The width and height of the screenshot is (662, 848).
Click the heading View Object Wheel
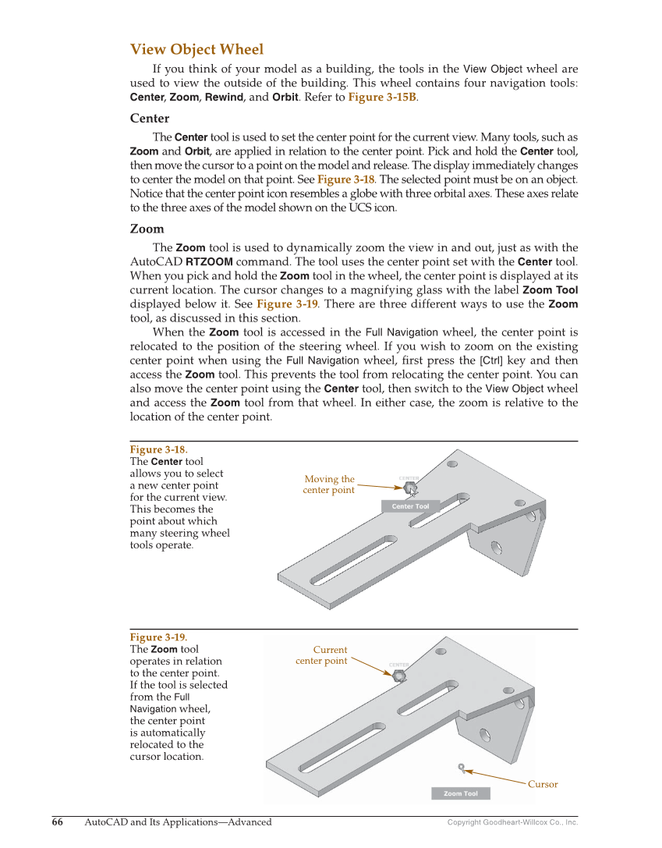pyautogui.click(x=196, y=50)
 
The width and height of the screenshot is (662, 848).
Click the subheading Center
pyautogui.click(x=149, y=119)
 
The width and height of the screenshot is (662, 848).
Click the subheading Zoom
pyautogui.click(x=147, y=229)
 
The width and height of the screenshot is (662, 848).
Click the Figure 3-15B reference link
pyautogui.click(x=382, y=98)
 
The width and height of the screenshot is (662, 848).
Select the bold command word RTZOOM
pyautogui.click(x=209, y=262)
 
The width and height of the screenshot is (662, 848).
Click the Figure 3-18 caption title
pyautogui.click(x=158, y=450)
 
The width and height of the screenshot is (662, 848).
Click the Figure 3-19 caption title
pyautogui.click(x=158, y=637)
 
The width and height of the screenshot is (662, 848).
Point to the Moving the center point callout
pyautogui.click(x=328, y=484)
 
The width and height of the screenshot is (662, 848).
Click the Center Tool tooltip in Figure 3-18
pyautogui.click(x=410, y=506)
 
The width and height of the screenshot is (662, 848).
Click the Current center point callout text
pyautogui.click(x=322, y=655)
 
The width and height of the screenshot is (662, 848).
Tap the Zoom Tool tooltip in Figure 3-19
pyautogui.click(x=461, y=793)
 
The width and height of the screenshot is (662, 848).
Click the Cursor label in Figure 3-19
pyautogui.click(x=543, y=784)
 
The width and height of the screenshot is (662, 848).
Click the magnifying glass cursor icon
pyautogui.click(x=462, y=768)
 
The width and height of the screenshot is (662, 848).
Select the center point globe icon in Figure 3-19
pyautogui.click(x=399, y=676)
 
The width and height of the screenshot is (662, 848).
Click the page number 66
pyautogui.click(x=58, y=822)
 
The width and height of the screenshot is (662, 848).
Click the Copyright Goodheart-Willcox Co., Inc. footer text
pyautogui.click(x=512, y=822)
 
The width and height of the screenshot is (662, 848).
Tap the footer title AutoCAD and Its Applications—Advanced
pyautogui.click(x=178, y=822)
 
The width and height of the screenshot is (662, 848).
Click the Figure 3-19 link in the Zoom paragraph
pyautogui.click(x=285, y=304)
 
